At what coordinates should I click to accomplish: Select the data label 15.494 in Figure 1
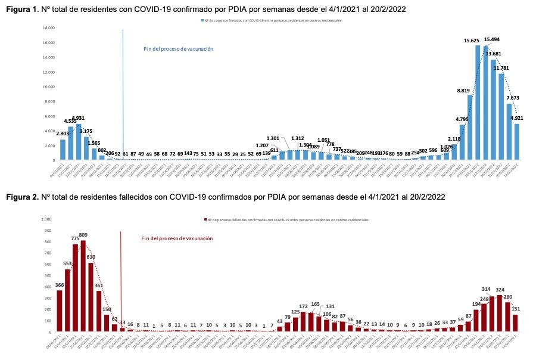click(x=492, y=39)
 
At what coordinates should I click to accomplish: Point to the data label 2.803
click(x=63, y=134)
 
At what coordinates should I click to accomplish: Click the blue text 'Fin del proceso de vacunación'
click(x=178, y=49)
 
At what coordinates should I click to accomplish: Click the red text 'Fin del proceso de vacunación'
click(x=177, y=238)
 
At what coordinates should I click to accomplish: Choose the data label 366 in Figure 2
click(x=60, y=269)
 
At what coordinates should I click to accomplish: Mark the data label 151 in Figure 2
click(x=516, y=309)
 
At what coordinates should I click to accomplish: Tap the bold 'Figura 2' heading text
click(x=19, y=196)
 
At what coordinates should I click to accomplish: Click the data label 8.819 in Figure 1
click(x=463, y=90)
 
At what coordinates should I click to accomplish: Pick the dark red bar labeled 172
click(x=303, y=321)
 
